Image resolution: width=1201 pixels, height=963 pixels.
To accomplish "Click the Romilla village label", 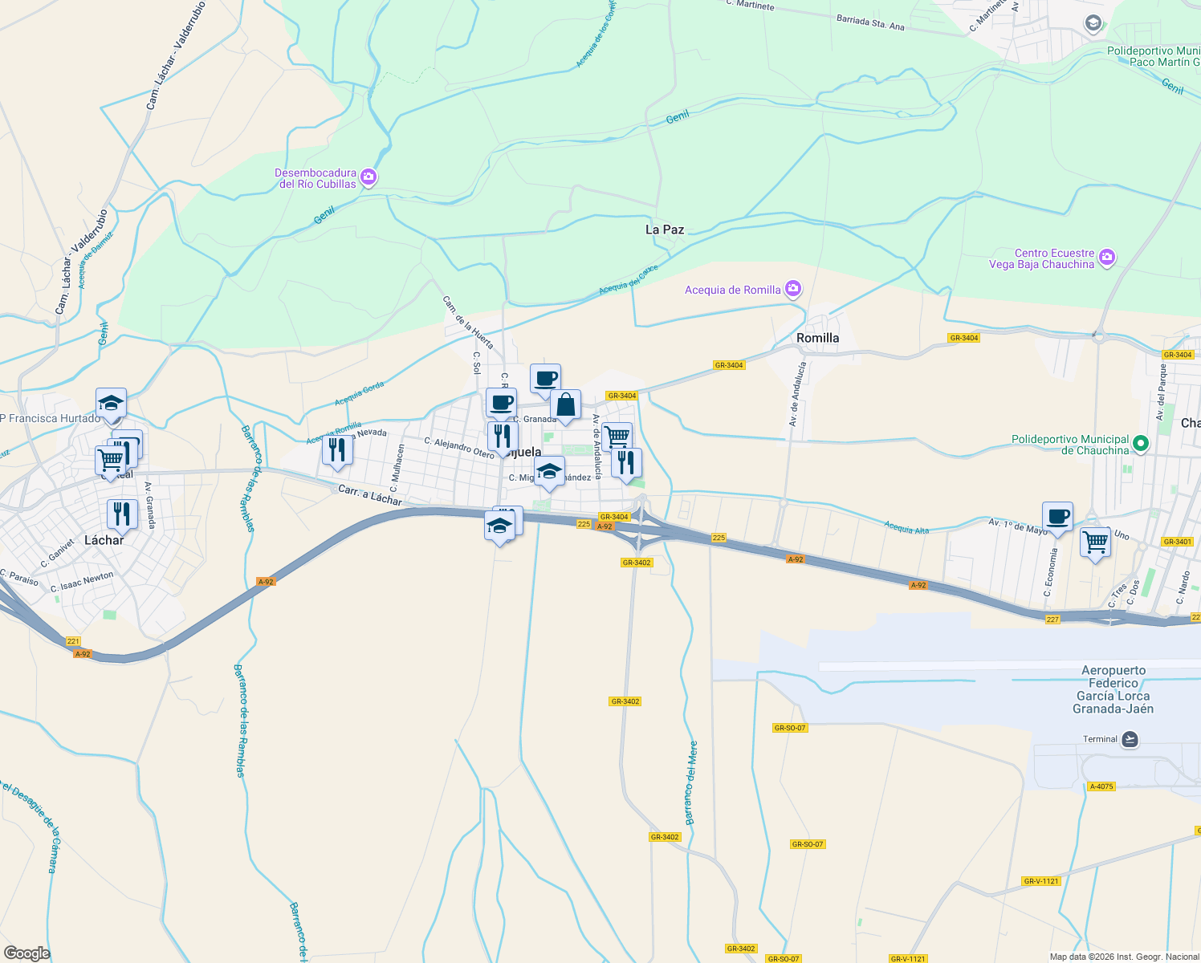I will [x=817, y=338].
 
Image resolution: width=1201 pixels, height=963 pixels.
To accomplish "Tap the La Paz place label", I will [x=665, y=230].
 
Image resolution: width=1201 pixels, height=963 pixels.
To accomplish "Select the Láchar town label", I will [x=104, y=540].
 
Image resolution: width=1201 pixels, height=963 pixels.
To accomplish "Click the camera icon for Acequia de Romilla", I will [x=793, y=289].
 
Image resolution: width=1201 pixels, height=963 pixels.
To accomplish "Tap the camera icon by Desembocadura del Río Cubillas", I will [x=368, y=177].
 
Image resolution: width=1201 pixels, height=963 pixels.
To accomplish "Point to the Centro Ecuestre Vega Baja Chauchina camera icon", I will [x=1107, y=258].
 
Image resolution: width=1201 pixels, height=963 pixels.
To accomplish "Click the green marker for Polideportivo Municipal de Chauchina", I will [x=1141, y=444].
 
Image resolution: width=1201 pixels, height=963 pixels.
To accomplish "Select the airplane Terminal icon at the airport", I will [x=1130, y=739].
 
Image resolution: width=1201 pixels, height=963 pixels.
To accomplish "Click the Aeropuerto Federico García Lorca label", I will [x=1113, y=689].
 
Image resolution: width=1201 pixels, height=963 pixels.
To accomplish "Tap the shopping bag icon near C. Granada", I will [x=565, y=404].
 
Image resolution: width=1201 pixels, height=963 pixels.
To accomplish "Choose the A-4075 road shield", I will [x=1101, y=786].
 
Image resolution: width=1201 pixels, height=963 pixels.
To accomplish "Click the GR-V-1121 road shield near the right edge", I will [x=1041, y=881].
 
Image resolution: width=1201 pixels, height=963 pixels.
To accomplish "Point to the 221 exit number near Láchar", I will [x=73, y=641].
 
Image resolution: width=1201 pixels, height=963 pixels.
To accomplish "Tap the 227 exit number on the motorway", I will [x=1052, y=619].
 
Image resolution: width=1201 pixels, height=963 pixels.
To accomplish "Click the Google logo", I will [x=27, y=953].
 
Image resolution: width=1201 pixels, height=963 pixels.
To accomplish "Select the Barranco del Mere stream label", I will [x=691, y=782].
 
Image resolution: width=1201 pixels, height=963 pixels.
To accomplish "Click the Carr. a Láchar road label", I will [x=370, y=495].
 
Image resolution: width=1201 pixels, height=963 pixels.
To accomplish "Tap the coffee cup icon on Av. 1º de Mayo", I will [x=1057, y=516].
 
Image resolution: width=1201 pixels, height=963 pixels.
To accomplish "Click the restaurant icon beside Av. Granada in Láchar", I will [x=122, y=513].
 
